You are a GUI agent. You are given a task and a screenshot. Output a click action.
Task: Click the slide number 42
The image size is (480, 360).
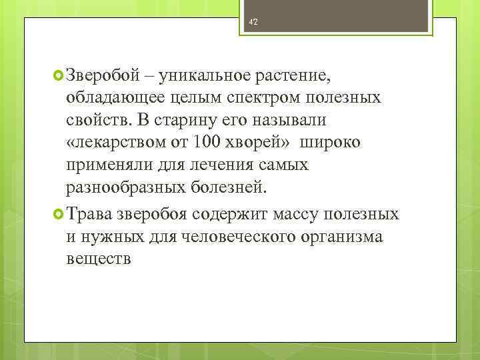[x=253, y=22]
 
